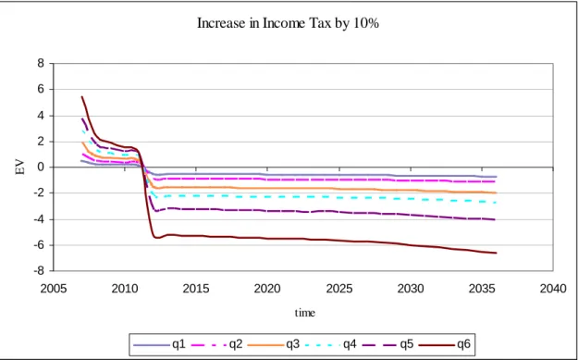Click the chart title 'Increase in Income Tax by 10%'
click(289, 23)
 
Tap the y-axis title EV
click(20, 168)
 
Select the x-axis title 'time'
click(305, 313)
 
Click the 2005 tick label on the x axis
click(54, 289)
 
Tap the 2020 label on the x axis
click(267, 289)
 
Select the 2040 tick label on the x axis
click(553, 289)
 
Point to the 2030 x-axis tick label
click(411, 289)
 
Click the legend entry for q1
click(159, 344)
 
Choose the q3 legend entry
click(274, 344)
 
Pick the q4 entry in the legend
click(331, 344)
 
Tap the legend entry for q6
click(445, 344)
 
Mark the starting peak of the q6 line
click(81, 96)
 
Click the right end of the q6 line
click(497, 253)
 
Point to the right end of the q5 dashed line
click(495, 219)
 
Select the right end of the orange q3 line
click(497, 192)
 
